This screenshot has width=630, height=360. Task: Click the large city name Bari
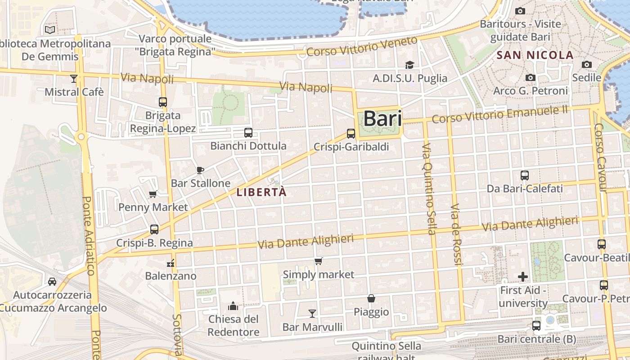point(382,118)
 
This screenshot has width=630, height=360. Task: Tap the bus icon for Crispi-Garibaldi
point(351,134)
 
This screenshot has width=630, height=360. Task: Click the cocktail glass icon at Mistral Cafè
point(74,79)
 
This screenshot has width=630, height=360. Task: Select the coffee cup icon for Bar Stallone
point(200,170)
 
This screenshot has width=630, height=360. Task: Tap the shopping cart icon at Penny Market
point(153,194)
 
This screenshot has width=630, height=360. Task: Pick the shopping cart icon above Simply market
point(319,261)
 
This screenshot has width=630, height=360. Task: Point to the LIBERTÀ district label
point(261,192)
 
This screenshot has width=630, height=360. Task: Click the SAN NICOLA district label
point(535,55)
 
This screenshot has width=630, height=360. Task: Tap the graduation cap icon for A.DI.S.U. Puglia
point(409,65)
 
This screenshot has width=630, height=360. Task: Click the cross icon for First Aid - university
point(523,276)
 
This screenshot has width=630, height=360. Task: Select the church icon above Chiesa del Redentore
point(233,306)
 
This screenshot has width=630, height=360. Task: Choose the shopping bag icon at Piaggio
point(371,298)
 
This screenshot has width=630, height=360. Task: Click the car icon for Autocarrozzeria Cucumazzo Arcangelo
point(52,282)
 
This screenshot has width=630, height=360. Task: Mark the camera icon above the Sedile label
point(586,65)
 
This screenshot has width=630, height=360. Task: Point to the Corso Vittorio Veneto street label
point(362,47)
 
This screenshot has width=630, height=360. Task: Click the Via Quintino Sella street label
point(429,189)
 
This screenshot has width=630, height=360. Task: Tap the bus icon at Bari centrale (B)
point(536,325)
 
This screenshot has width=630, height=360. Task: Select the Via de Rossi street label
point(456,234)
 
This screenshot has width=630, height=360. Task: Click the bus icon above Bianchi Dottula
point(248,133)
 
